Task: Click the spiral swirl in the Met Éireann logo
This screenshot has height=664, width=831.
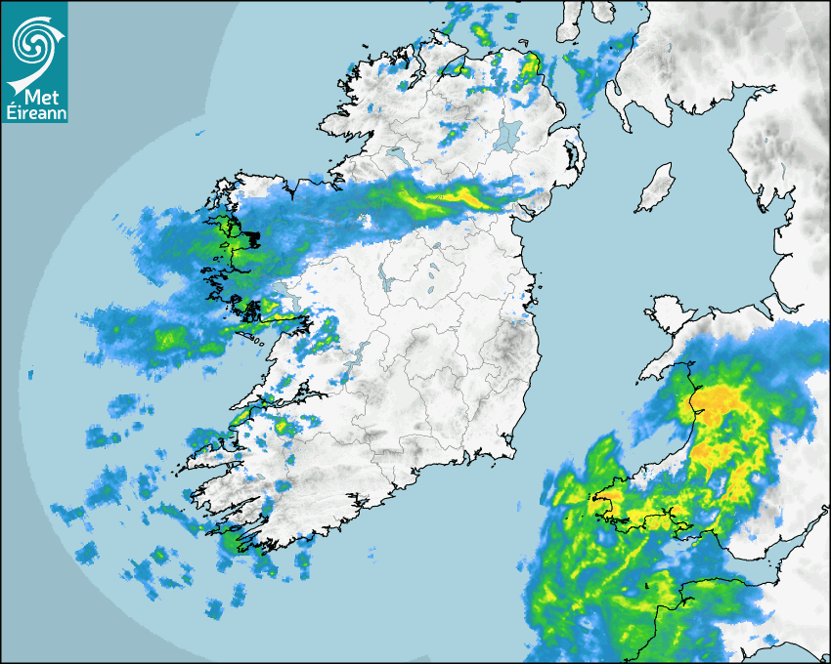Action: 33,40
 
